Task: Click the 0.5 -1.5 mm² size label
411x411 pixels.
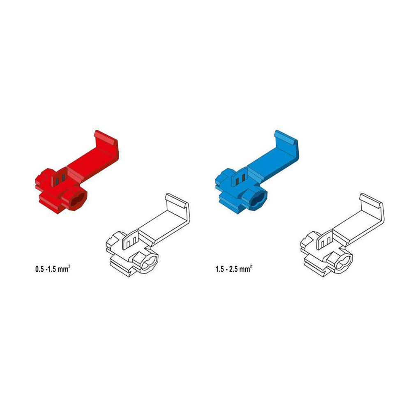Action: (53, 269)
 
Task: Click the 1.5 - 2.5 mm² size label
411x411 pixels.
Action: (233, 269)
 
